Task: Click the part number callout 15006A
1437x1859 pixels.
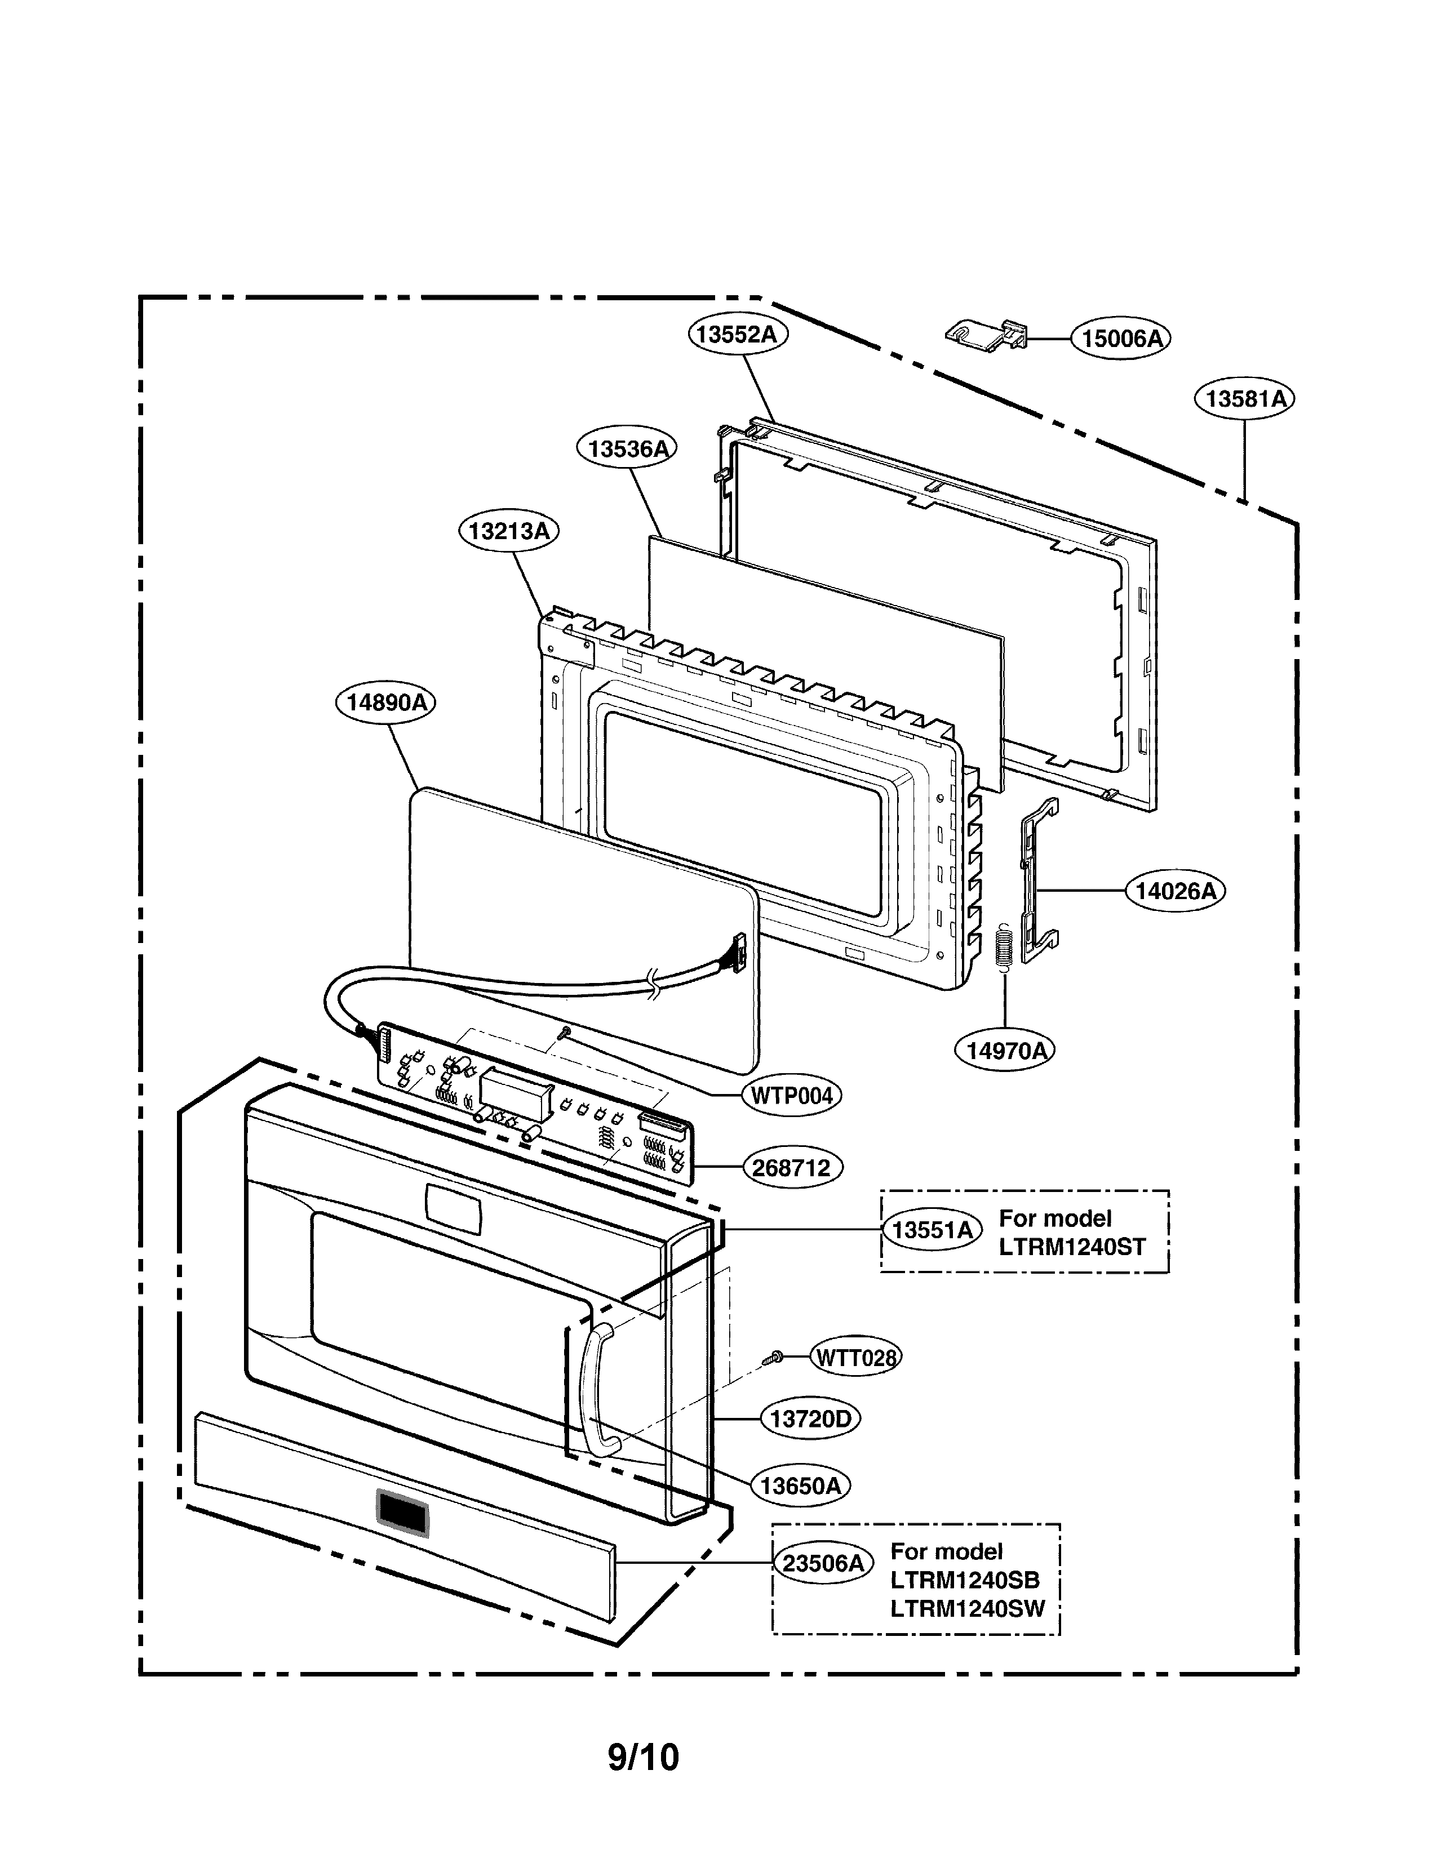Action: click(x=1120, y=339)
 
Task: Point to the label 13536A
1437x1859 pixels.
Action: click(x=627, y=448)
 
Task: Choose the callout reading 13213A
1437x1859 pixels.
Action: click(x=509, y=531)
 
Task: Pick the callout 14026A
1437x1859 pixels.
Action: click(x=1175, y=891)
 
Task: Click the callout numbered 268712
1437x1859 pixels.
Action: click(x=791, y=1168)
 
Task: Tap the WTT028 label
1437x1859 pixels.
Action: click(x=855, y=1357)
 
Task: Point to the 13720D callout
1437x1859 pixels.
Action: click(x=810, y=1419)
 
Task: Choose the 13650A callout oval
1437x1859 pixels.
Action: click(x=800, y=1486)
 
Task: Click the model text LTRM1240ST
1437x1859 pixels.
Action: click(x=1072, y=1247)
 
